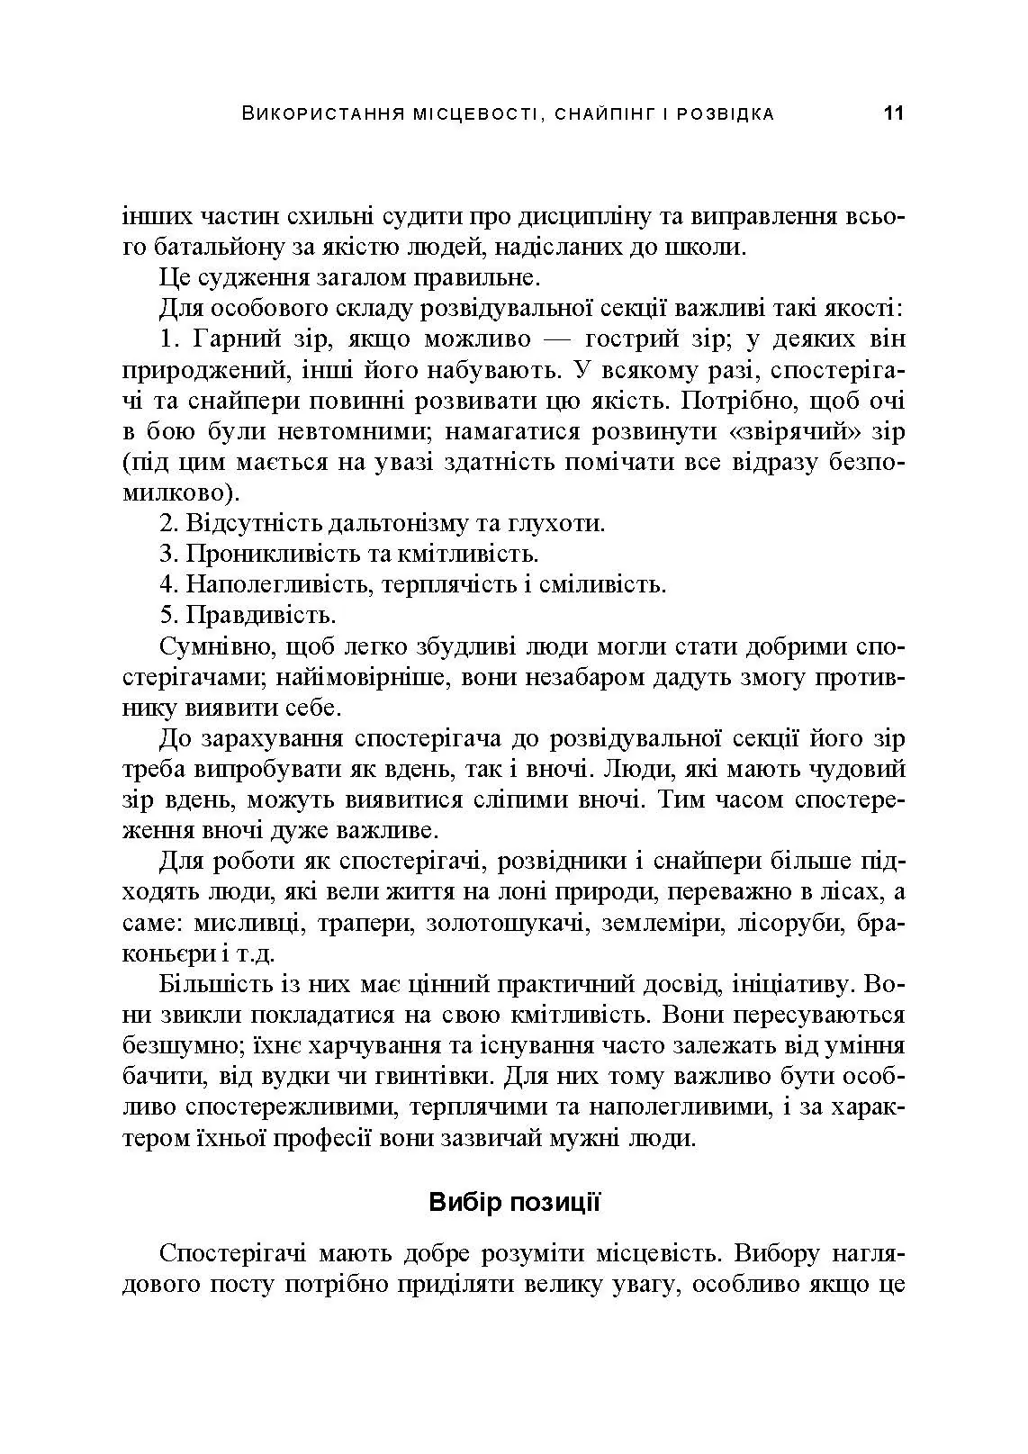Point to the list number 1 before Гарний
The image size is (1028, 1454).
tap(166, 339)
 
